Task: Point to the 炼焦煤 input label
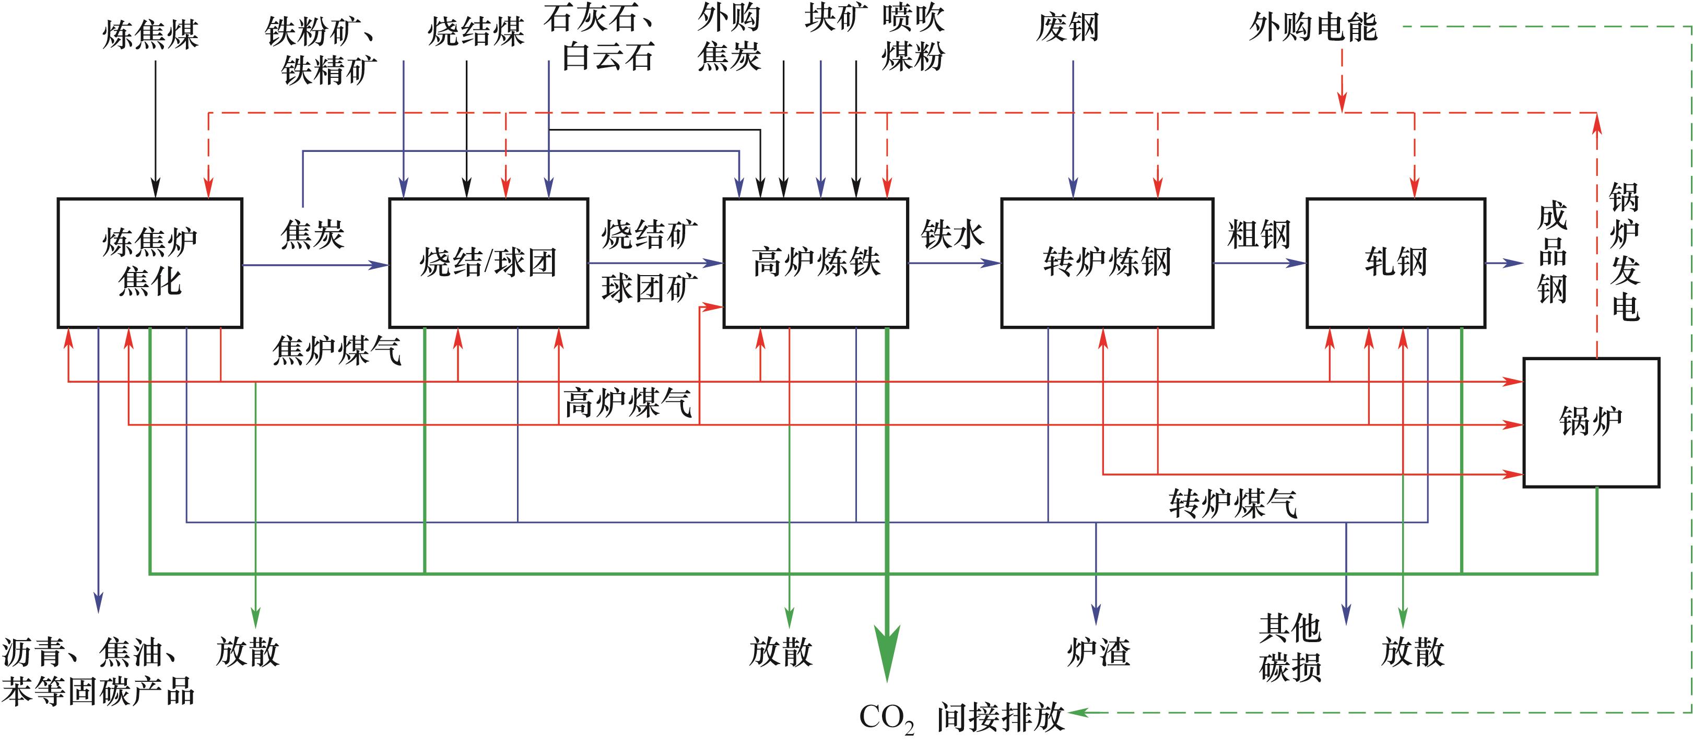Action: pos(150,34)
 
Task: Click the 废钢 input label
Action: pos(1068,28)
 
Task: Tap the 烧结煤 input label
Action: pos(476,31)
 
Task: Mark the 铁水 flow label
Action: pos(953,234)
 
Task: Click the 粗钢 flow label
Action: pos(1259,234)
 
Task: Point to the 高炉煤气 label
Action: pos(628,402)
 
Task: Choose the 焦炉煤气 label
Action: pos(336,350)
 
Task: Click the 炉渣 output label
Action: pos(1098,652)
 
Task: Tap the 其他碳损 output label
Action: pos(1290,648)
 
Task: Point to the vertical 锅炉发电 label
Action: pos(1624,252)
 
